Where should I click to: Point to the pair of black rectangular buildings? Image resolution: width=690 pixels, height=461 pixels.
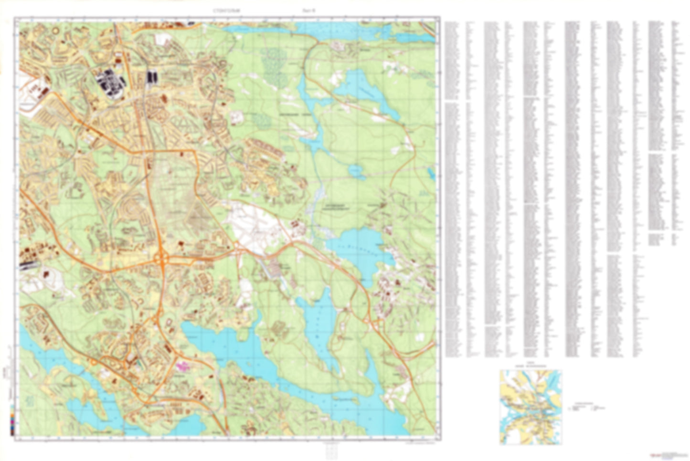coord(152,76)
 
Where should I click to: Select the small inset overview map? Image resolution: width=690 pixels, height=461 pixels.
coord(531,407)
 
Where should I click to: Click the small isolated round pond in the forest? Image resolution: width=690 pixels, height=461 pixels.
coord(354,169)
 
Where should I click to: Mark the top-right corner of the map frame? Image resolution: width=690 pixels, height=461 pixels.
coord(438,18)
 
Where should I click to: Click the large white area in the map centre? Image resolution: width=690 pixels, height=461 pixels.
coord(248,227)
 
